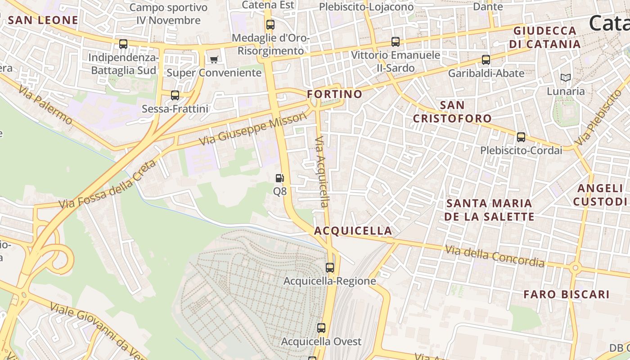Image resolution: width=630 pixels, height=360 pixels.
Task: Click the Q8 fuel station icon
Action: pyautogui.click(x=279, y=178)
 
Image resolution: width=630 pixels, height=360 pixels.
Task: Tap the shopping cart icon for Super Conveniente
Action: pyautogui.click(x=214, y=59)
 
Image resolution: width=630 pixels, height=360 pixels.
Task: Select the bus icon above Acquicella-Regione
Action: pyautogui.click(x=330, y=268)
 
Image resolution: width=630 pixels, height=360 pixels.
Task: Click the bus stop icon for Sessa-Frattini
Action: pyautogui.click(x=175, y=95)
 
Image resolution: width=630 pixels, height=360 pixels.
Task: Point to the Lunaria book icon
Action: pyautogui.click(x=566, y=78)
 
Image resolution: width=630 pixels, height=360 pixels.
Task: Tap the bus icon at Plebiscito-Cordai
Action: pyautogui.click(x=521, y=137)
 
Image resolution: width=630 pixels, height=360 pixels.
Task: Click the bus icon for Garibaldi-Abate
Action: pyautogui.click(x=486, y=60)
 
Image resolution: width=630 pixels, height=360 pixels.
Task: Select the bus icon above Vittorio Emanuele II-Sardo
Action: pyautogui.click(x=396, y=42)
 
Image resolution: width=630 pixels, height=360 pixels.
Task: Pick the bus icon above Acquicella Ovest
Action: pyautogui.click(x=321, y=328)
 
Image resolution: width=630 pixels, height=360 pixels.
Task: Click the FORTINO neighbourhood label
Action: pyautogui.click(x=334, y=94)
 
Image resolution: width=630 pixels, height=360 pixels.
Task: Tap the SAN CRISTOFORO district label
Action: pyautogui.click(x=452, y=112)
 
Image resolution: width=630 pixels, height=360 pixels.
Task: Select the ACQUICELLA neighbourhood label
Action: pyautogui.click(x=353, y=231)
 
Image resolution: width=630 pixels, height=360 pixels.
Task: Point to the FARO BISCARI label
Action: pyautogui.click(x=567, y=294)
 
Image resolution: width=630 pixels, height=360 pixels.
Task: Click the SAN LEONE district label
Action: pyautogui.click(x=43, y=20)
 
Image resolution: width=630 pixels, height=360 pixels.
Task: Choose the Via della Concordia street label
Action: pyautogui.click(x=494, y=256)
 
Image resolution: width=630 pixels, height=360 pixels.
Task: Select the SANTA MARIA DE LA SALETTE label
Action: pyautogui.click(x=489, y=210)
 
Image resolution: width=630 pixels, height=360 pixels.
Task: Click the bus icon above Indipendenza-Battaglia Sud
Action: pyautogui.click(x=123, y=44)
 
